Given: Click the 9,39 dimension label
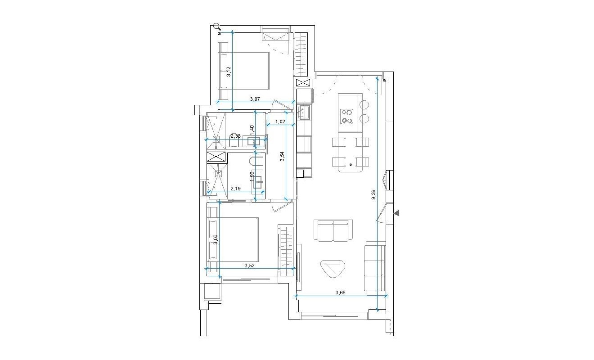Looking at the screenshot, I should [373, 194].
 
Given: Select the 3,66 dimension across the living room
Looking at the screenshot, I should [341, 292].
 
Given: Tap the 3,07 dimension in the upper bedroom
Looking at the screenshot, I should [254, 99].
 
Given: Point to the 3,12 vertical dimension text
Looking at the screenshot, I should [229, 72].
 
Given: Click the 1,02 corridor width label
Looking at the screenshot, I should [280, 121].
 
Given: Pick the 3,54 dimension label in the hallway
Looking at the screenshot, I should [282, 157].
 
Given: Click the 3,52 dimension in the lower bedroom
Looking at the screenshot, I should [250, 265].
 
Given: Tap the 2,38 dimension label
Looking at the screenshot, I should [235, 135].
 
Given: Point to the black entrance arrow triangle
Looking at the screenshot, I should [396, 213].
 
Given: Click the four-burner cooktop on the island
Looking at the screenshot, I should [346, 116].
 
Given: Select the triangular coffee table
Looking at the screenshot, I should [333, 269].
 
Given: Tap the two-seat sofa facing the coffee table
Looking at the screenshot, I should [333, 230].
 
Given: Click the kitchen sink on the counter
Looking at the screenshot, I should [303, 112].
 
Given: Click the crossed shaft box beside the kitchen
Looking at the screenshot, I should [301, 83].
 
